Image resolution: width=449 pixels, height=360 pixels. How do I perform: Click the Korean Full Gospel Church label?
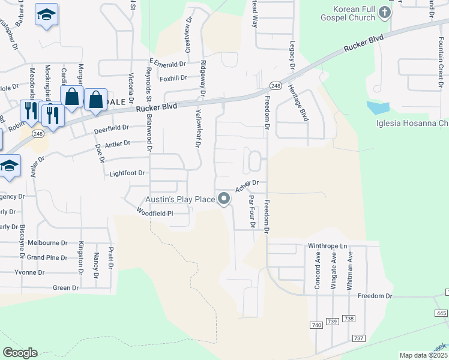pos(356,13)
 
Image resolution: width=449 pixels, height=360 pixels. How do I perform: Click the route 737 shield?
pos(359,338)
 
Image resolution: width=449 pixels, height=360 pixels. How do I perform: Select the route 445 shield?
pos(441,313)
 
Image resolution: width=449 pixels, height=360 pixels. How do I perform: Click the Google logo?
pos(20,353)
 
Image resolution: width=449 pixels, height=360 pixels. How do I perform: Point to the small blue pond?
pos(376,108)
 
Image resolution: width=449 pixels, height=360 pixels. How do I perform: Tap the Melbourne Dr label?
pos(47,242)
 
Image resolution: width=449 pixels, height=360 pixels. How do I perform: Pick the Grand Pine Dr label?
pos(47,257)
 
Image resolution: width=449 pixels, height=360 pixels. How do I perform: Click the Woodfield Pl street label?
pos(154,212)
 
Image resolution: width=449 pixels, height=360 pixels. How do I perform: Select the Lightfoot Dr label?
pos(128,173)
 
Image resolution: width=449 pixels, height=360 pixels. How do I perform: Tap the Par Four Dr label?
pos(252,212)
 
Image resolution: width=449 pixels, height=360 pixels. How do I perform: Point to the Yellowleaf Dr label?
pos(197,128)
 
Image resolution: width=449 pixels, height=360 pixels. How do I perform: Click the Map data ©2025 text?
pos(424,355)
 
